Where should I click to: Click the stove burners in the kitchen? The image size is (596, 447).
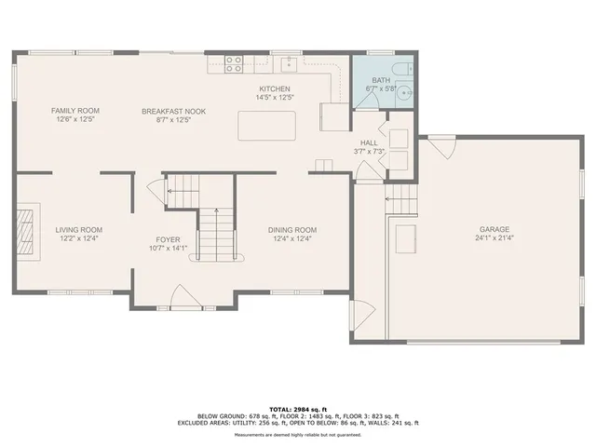234,64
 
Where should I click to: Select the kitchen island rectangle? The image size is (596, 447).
268,124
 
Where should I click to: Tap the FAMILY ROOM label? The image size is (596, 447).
74,111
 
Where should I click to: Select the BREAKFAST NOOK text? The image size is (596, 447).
174,111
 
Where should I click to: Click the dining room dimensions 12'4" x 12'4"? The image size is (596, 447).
292,238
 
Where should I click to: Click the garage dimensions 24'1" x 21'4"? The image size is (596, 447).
494,237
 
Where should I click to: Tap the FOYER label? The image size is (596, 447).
169,238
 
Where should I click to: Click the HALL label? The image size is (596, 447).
369,142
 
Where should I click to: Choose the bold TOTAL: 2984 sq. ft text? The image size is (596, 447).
297,409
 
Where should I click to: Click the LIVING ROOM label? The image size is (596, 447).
78,229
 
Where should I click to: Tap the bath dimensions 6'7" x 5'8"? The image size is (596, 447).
381,88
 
